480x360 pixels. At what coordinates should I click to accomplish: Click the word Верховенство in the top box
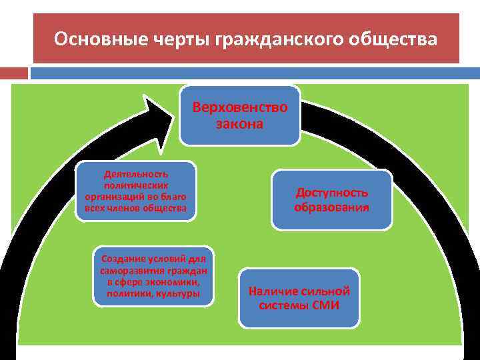point(240,107)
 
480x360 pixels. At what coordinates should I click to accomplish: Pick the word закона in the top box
point(240,123)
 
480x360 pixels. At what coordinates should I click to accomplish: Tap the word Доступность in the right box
point(332,193)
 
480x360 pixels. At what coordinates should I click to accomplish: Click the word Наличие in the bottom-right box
point(271,291)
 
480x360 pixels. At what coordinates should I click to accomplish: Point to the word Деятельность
point(136,173)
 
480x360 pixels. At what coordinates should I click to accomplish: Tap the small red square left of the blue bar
point(14,73)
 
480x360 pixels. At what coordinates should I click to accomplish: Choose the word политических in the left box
point(136,185)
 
